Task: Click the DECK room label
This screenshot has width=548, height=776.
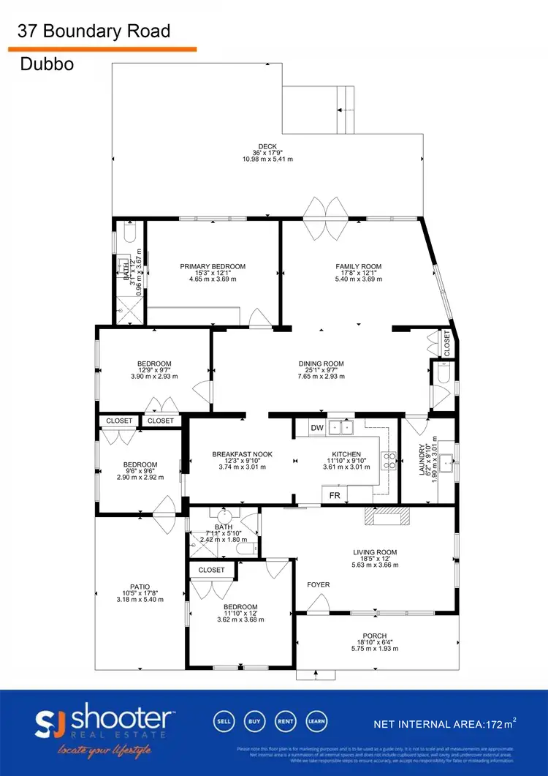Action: (267, 146)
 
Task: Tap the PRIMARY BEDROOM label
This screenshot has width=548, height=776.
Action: (213, 266)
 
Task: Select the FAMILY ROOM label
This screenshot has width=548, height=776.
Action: (358, 266)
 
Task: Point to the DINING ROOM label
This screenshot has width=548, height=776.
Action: (321, 363)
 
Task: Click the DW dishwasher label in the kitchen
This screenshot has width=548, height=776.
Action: (316, 428)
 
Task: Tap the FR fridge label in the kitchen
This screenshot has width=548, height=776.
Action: (335, 495)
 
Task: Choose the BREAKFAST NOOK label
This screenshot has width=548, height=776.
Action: (242, 454)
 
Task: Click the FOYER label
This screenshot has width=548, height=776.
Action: (318, 584)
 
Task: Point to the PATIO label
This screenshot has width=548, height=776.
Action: (140, 587)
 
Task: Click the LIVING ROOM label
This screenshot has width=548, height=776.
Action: (375, 552)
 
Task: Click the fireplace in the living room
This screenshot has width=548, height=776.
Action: (387, 516)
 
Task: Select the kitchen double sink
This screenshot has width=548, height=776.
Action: (340, 428)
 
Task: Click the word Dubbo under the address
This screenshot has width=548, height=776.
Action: (46, 64)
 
